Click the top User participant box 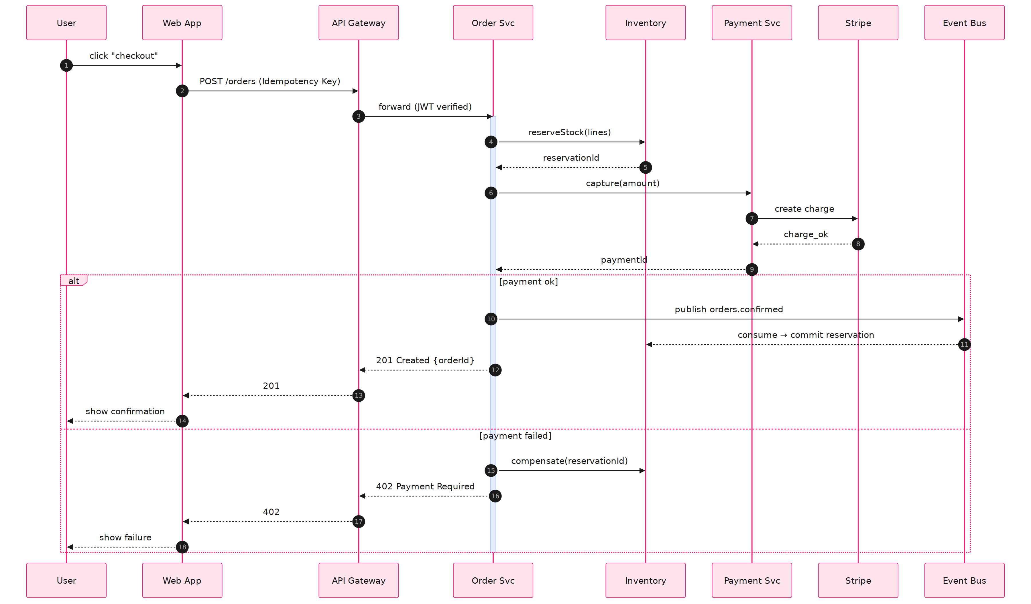click(x=66, y=23)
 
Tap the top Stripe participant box click(x=858, y=23)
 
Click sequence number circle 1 click(x=66, y=66)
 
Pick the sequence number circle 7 click(x=751, y=219)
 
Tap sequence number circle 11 click(x=964, y=345)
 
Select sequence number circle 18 click(x=182, y=547)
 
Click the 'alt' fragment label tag click(x=74, y=281)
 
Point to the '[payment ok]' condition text click(x=528, y=282)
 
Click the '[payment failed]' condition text click(x=515, y=436)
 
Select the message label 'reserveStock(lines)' click(x=569, y=132)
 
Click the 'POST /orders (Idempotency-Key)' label click(x=269, y=81)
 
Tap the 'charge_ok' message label click(x=806, y=234)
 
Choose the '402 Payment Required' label click(x=425, y=486)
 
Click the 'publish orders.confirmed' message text click(x=729, y=309)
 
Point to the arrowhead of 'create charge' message click(x=855, y=219)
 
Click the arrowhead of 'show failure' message click(x=70, y=547)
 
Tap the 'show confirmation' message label click(x=125, y=411)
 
